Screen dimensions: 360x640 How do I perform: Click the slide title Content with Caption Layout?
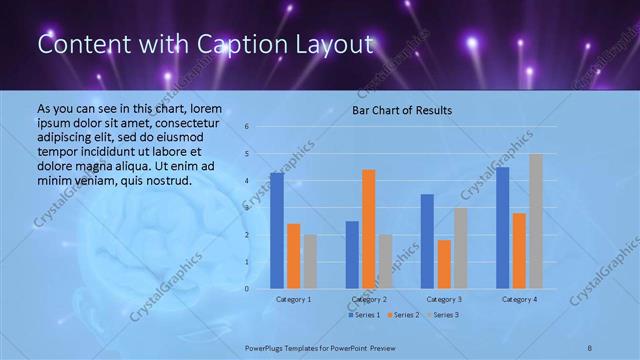coord(205,45)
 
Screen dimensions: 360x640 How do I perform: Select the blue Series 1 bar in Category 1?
coord(276,230)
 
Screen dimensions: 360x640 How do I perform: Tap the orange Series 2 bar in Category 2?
coord(368,229)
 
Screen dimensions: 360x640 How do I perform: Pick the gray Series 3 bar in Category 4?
coord(536,221)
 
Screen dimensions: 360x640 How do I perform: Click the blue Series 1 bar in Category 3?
coord(427,241)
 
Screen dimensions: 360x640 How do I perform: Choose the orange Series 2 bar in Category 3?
coord(443,264)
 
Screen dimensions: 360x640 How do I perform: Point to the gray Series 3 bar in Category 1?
coord(309,261)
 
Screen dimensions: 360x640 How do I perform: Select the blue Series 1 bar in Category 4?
coord(502,227)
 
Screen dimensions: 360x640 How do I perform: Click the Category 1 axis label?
coord(293,299)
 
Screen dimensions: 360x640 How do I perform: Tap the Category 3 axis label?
coord(443,299)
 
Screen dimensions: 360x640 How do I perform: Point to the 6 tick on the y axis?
coord(246,127)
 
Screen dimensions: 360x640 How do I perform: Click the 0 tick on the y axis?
coord(246,289)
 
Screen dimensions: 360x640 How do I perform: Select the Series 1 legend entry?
coord(362,315)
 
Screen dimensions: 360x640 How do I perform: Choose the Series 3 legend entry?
coord(442,315)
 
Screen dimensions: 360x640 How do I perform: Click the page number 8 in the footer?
coord(590,348)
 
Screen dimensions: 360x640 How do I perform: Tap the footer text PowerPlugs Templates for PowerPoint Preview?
coord(315,348)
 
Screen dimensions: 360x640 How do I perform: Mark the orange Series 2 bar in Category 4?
coord(519,250)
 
